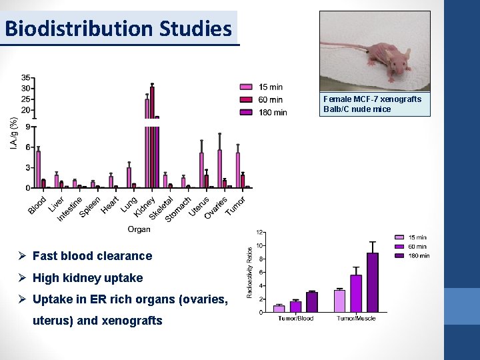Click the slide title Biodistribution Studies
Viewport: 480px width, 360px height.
119,29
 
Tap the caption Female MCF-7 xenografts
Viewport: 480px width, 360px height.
372,99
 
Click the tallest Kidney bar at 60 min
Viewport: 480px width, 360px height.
152,133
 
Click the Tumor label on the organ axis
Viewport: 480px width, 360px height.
235,206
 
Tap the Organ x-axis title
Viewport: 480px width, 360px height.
139,229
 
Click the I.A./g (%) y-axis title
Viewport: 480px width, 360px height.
14,133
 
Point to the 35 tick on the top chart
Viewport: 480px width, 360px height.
25,77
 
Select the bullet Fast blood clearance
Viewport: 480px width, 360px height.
92,256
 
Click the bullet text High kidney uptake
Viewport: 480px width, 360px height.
87,278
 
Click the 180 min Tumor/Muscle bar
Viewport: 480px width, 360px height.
372,282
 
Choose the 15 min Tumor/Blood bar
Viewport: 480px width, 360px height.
279,308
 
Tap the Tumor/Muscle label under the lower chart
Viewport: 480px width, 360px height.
355,319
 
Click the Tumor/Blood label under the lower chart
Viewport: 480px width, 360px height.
295,319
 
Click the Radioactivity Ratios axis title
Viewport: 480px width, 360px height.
250,271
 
